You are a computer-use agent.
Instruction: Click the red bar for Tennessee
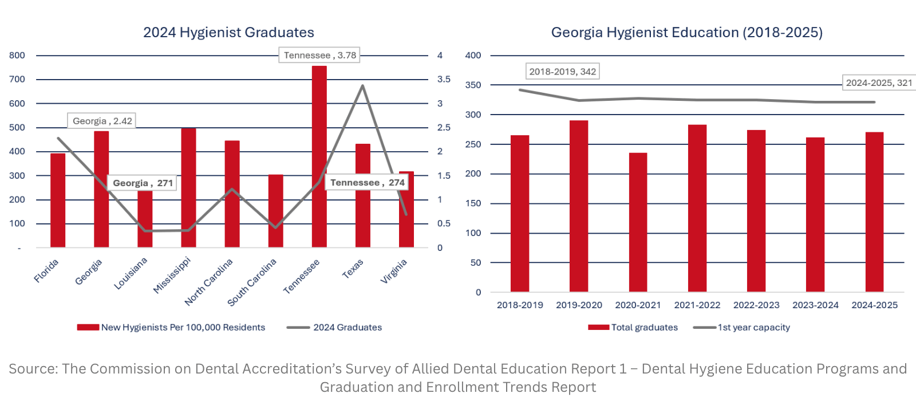(319, 156)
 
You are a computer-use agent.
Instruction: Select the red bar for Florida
(58, 200)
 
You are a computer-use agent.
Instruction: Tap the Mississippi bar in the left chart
(188, 188)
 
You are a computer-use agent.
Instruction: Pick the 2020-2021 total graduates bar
(638, 222)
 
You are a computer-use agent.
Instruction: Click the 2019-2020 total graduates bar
(579, 206)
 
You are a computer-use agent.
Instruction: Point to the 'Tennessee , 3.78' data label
(319, 55)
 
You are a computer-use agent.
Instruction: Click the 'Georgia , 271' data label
(143, 183)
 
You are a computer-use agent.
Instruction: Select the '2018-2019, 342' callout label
(563, 71)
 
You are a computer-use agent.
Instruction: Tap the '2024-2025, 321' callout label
(879, 82)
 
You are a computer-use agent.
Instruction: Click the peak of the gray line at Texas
(363, 85)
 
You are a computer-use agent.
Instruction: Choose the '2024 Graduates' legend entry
(334, 327)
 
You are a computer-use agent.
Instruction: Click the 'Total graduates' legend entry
(633, 327)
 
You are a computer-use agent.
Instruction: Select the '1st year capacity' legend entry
(741, 327)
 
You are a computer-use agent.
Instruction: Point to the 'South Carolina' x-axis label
(252, 282)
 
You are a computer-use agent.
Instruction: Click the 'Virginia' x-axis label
(394, 272)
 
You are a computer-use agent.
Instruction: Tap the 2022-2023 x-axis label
(756, 305)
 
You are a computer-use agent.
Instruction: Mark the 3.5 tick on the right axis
(444, 80)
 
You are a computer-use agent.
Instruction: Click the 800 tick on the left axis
(17, 55)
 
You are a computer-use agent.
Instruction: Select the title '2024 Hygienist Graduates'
(228, 32)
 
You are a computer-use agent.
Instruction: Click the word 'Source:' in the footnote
(33, 369)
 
